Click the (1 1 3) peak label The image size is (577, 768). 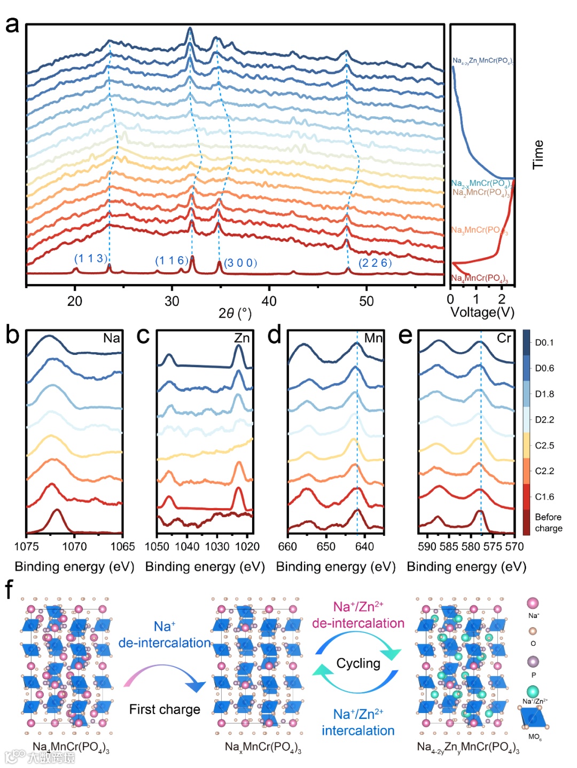coord(90,259)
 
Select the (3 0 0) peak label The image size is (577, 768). coord(240,263)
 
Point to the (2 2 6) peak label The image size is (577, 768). coord(375,263)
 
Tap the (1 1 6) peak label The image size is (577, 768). coord(171,260)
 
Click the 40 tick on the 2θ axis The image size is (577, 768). coord(269,302)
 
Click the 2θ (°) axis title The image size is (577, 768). coord(235,313)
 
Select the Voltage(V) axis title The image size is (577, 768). coord(482,312)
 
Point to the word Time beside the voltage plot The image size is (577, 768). coord(538,155)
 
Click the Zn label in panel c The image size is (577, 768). coord(242,338)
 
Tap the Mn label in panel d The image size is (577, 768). coord(373,338)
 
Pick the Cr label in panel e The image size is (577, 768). coord(504,338)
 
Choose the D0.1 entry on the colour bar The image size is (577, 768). coord(544,343)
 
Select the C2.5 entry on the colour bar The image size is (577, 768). coord(544,445)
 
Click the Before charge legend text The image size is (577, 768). coord(548,522)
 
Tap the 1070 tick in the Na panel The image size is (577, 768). coord(74,546)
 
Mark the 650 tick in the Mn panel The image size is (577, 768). coord(326,546)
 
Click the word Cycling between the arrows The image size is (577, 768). coord(358,663)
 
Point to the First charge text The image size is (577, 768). coord(165,709)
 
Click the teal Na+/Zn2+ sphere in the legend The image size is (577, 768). coord(533,692)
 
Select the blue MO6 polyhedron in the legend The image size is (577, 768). coord(533,718)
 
